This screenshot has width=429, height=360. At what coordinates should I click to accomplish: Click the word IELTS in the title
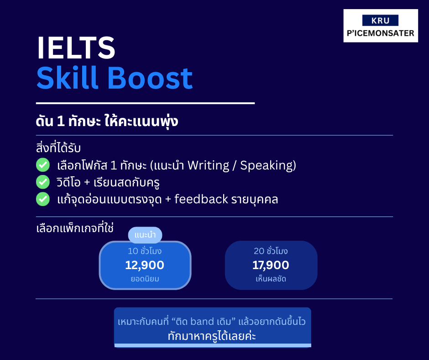[x=76, y=48]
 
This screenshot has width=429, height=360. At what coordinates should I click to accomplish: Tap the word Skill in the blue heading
[x=67, y=78]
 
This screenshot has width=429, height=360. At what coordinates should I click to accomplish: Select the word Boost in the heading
[x=150, y=78]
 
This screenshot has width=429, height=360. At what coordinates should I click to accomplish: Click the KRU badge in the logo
[x=380, y=21]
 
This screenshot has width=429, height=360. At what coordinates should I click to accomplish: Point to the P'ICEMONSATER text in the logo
[x=381, y=33]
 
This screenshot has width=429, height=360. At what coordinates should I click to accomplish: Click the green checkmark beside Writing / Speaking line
[x=43, y=165]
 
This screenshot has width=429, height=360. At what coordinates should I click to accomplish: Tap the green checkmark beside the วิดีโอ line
[x=43, y=182]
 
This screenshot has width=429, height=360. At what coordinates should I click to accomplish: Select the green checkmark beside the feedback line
[x=43, y=199]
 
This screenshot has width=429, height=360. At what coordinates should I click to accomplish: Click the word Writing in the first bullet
[x=209, y=165]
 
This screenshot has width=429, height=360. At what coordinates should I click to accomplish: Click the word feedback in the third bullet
[x=201, y=199]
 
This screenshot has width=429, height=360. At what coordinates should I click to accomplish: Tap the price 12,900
[x=145, y=265]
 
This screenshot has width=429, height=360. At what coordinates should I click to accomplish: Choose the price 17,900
[x=271, y=265]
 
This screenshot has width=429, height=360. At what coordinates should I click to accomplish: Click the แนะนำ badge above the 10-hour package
[x=145, y=235]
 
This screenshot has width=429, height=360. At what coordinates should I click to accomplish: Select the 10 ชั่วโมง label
[x=145, y=251]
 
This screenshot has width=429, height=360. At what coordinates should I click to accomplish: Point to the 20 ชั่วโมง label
[x=271, y=251]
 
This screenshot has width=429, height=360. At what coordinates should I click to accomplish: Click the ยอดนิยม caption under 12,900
[x=145, y=279]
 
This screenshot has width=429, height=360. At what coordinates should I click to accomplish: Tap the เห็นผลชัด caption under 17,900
[x=271, y=279]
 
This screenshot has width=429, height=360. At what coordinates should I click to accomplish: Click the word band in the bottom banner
[x=202, y=321]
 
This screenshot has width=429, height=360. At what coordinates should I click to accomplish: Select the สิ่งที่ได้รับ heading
[x=58, y=148]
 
